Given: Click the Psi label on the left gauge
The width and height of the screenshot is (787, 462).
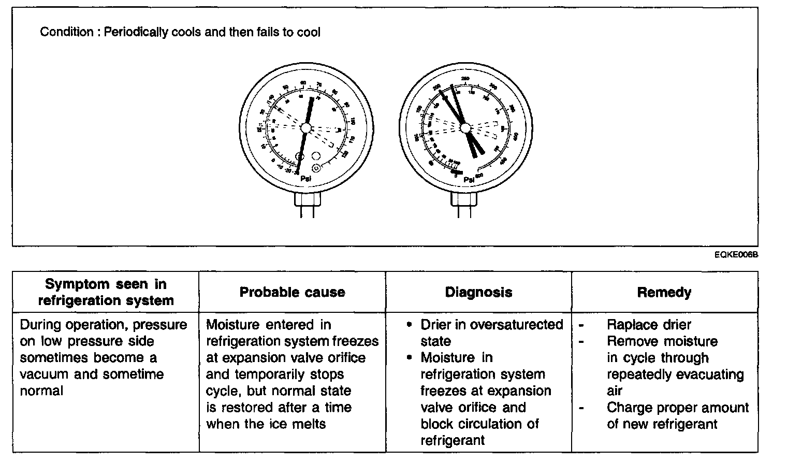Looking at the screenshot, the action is coord(306,179).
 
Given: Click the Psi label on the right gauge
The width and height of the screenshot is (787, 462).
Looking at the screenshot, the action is coord(469,180).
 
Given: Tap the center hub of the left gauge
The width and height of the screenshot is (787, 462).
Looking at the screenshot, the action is coord(305,127).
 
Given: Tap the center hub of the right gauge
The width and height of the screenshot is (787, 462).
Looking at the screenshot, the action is coord(464,127).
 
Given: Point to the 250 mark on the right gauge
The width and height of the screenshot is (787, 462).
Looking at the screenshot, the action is coord(465,79).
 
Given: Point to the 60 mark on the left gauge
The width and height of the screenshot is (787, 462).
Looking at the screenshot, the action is coord(304,82).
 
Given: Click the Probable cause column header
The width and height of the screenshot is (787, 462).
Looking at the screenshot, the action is coord(292,292).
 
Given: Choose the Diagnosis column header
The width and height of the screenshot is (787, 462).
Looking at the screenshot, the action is coord(478,292).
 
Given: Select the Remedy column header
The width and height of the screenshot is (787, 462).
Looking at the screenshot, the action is coord(664,292).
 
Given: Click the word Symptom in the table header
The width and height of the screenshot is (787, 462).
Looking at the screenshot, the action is coord(77,284).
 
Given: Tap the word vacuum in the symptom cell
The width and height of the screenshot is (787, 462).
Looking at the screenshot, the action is coord(45,374).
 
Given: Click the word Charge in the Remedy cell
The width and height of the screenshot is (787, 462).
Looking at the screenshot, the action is coord(626,408).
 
